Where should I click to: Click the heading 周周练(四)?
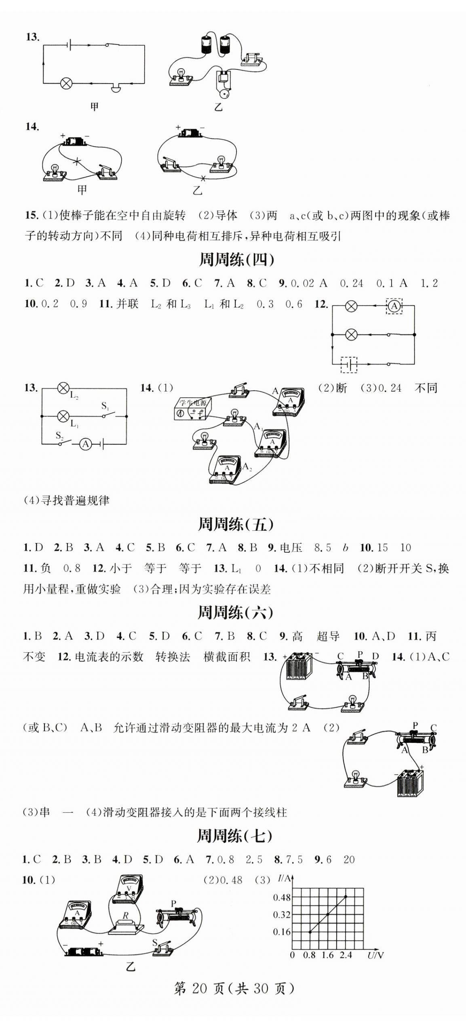[236, 260]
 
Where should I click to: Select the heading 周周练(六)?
[235, 613]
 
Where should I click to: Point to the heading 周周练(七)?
[234, 836]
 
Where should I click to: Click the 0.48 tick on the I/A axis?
[282, 898]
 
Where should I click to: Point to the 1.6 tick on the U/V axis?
[328, 955]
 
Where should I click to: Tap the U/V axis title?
[375, 956]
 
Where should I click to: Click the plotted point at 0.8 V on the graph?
[310, 932]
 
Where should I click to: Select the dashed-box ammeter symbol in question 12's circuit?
[394, 306]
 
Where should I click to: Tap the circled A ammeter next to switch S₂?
[85, 444]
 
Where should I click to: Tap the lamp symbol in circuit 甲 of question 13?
[66, 84]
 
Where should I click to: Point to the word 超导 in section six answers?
[328, 636]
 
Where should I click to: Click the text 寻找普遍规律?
[75, 501]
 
